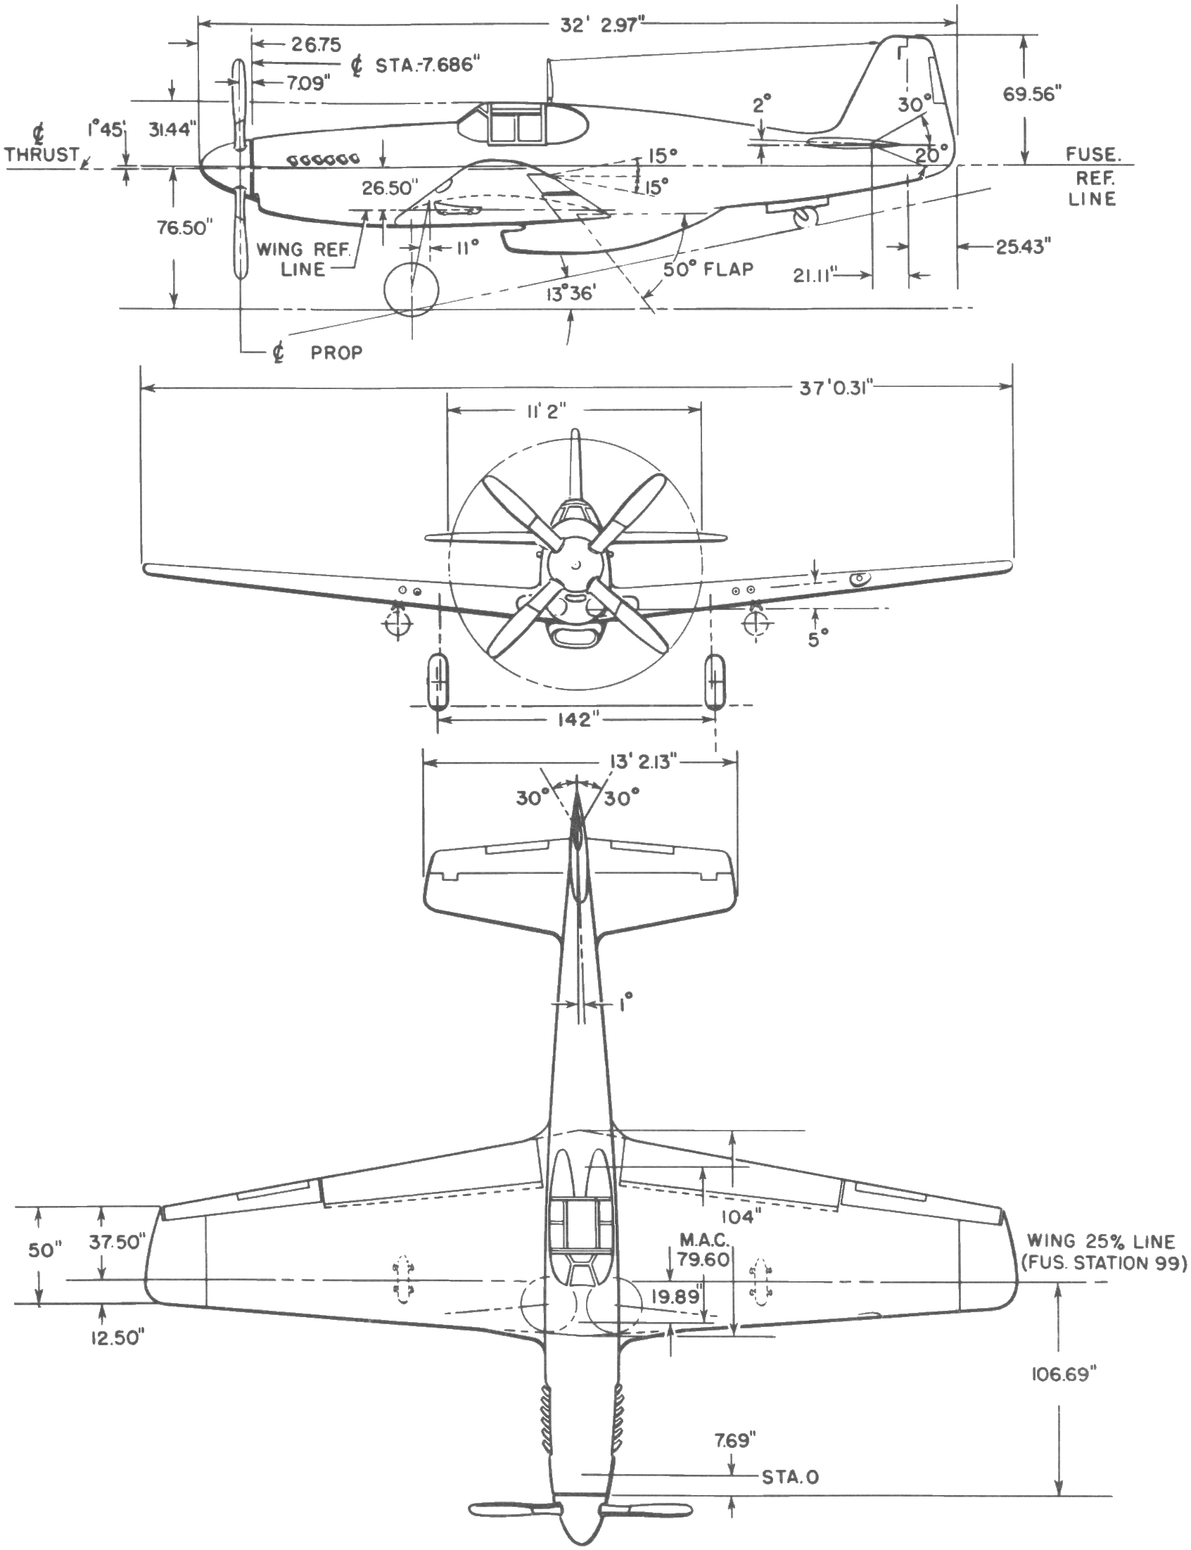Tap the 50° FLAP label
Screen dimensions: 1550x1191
tap(708, 269)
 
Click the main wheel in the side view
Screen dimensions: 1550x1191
tap(411, 289)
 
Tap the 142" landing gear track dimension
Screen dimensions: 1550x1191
tap(573, 720)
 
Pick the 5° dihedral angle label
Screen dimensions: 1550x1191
tap(817, 639)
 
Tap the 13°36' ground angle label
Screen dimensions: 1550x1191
tap(569, 293)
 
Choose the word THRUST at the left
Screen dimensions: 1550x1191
tap(42, 155)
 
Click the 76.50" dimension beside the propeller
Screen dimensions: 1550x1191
tap(185, 229)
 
